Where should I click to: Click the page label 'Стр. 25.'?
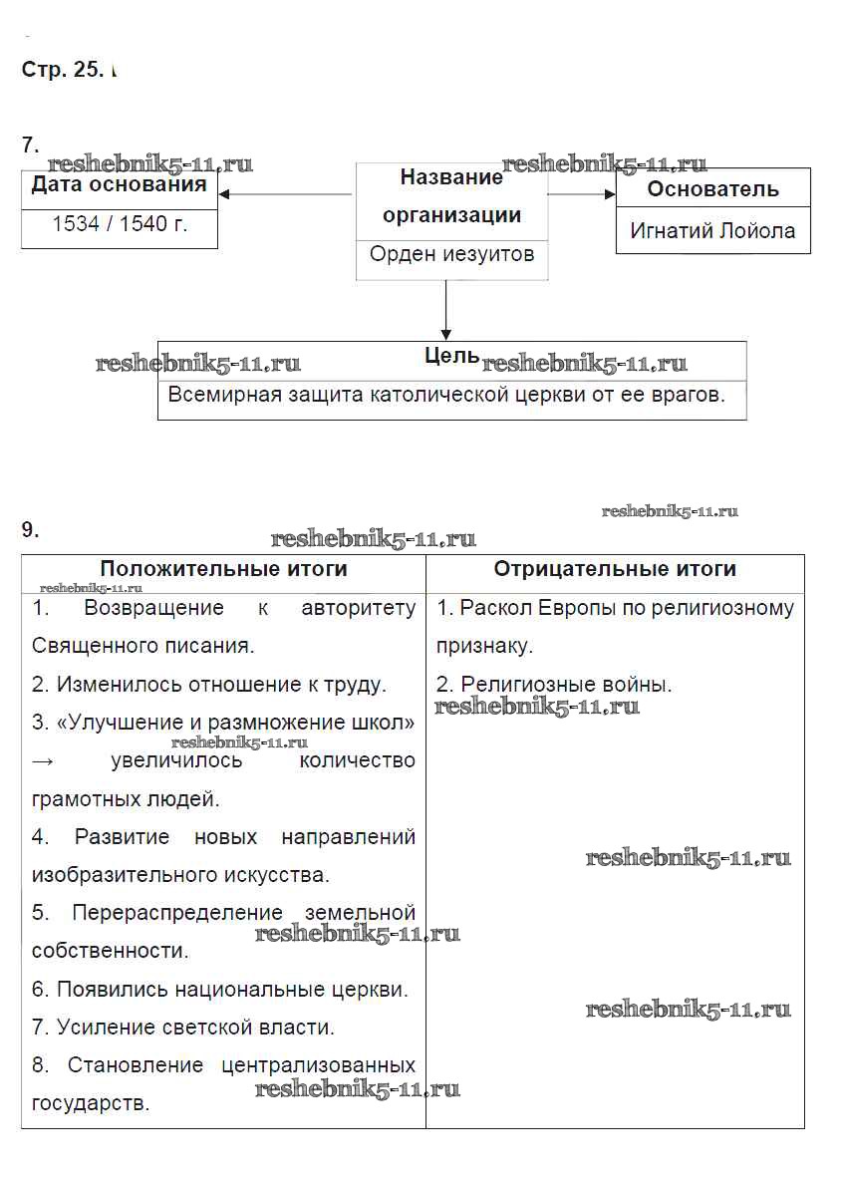pyautogui.click(x=61, y=71)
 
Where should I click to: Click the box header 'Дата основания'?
pyautogui.click(x=120, y=185)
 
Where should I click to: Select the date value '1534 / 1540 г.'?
pyautogui.click(x=120, y=224)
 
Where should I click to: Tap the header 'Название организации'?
pyautogui.click(x=451, y=196)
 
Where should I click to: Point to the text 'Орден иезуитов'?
pyautogui.click(x=451, y=254)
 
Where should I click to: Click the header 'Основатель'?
pyautogui.click(x=712, y=189)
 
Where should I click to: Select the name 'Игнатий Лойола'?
pyautogui.click(x=712, y=231)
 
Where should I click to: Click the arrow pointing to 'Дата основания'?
pyautogui.click(x=284, y=194)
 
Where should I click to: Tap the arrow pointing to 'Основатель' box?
pyautogui.click(x=582, y=194)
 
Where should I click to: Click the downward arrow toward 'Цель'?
pyautogui.click(x=446, y=310)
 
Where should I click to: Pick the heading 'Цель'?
pyautogui.click(x=451, y=357)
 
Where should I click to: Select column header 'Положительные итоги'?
pyautogui.click(x=223, y=569)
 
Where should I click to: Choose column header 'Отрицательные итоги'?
pyautogui.click(x=615, y=569)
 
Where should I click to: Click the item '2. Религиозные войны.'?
pyautogui.click(x=554, y=685)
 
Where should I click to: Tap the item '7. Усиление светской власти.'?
pyautogui.click(x=183, y=1027)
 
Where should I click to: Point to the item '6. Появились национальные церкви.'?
pyautogui.click(x=220, y=990)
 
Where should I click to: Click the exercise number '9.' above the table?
pyautogui.click(x=31, y=530)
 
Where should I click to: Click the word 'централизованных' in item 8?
pyautogui.click(x=318, y=1065)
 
